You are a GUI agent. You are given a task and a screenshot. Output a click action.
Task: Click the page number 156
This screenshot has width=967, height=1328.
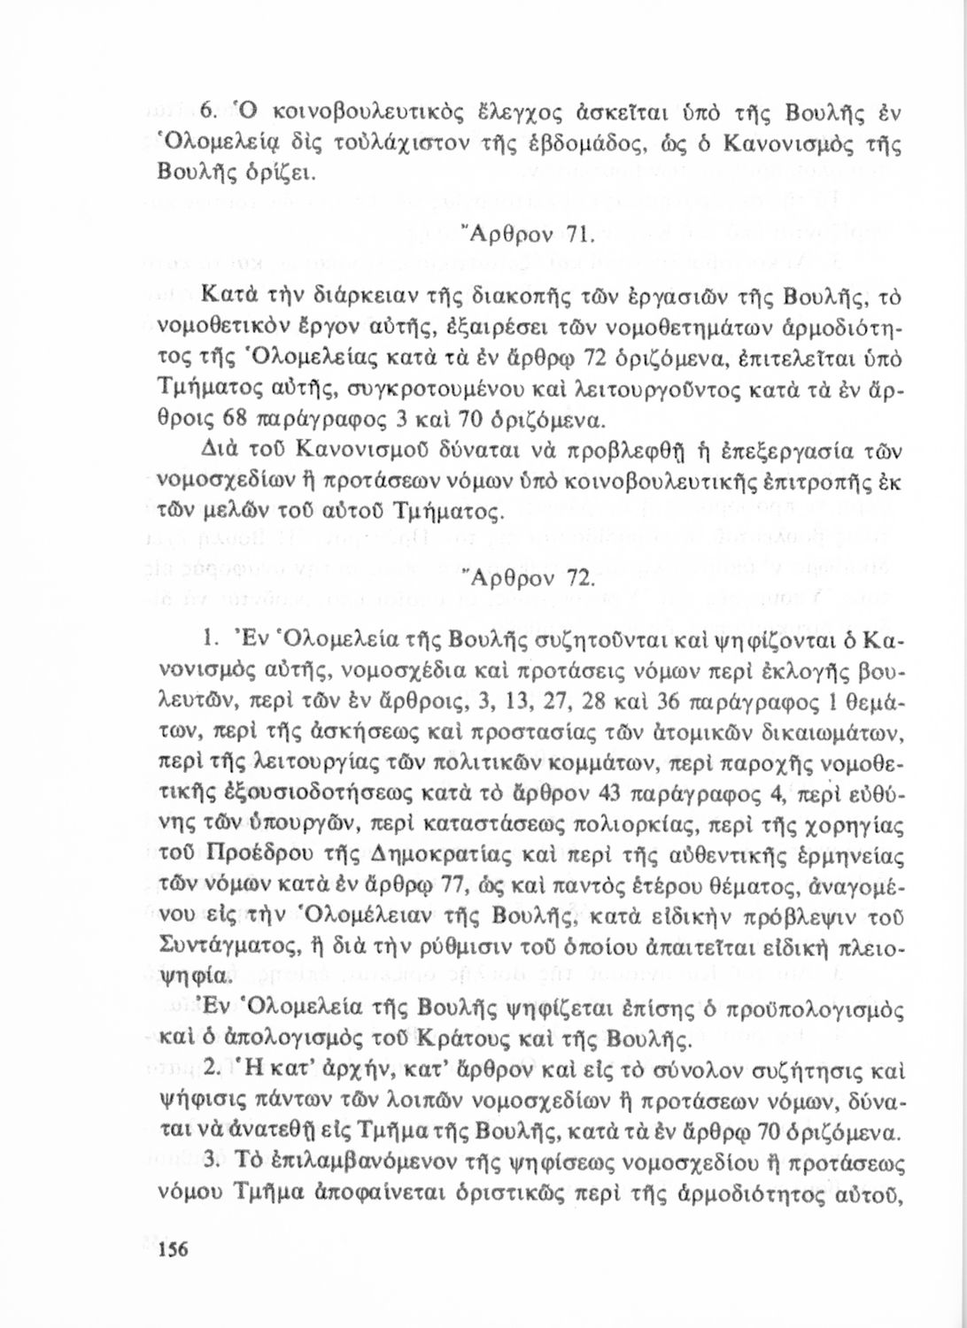point(173,1249)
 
